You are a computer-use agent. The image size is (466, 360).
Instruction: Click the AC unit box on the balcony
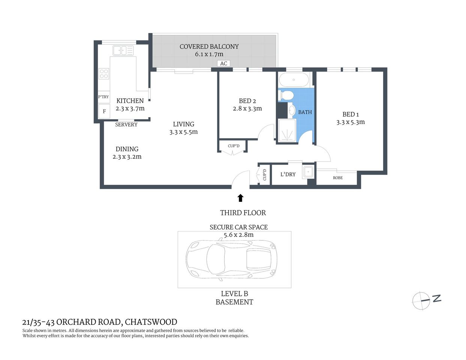tap(224, 63)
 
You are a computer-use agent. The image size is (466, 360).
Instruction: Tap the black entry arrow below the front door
tap(240, 198)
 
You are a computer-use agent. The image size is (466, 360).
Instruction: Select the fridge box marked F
tap(104, 111)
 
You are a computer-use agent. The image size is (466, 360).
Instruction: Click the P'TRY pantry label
tap(104, 97)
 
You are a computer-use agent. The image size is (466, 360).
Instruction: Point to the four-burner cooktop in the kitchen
tap(104, 73)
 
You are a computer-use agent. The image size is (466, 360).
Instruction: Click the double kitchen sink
tap(123, 50)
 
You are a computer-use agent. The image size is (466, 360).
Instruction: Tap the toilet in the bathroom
tap(286, 95)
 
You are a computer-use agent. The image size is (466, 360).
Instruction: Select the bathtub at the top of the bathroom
tap(294, 80)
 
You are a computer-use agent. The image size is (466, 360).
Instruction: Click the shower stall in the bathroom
tap(287, 130)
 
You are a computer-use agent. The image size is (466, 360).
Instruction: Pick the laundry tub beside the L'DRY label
tap(308, 172)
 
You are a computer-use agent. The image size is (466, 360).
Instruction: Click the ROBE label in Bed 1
tap(338, 178)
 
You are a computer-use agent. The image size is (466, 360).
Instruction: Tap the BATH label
tap(305, 112)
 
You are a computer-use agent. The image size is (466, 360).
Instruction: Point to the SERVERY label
tap(126, 124)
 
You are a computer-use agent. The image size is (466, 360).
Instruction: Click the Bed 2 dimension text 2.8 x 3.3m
tap(247, 109)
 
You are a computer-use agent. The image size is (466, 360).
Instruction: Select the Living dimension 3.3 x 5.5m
tap(183, 132)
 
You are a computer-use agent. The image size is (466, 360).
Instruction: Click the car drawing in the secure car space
tap(231, 259)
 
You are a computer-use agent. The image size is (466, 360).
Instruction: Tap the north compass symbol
tap(421, 300)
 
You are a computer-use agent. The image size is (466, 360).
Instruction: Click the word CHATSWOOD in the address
tap(151, 322)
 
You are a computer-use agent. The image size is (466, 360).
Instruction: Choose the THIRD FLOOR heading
tap(243, 213)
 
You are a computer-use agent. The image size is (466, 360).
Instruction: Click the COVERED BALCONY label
tap(209, 46)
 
